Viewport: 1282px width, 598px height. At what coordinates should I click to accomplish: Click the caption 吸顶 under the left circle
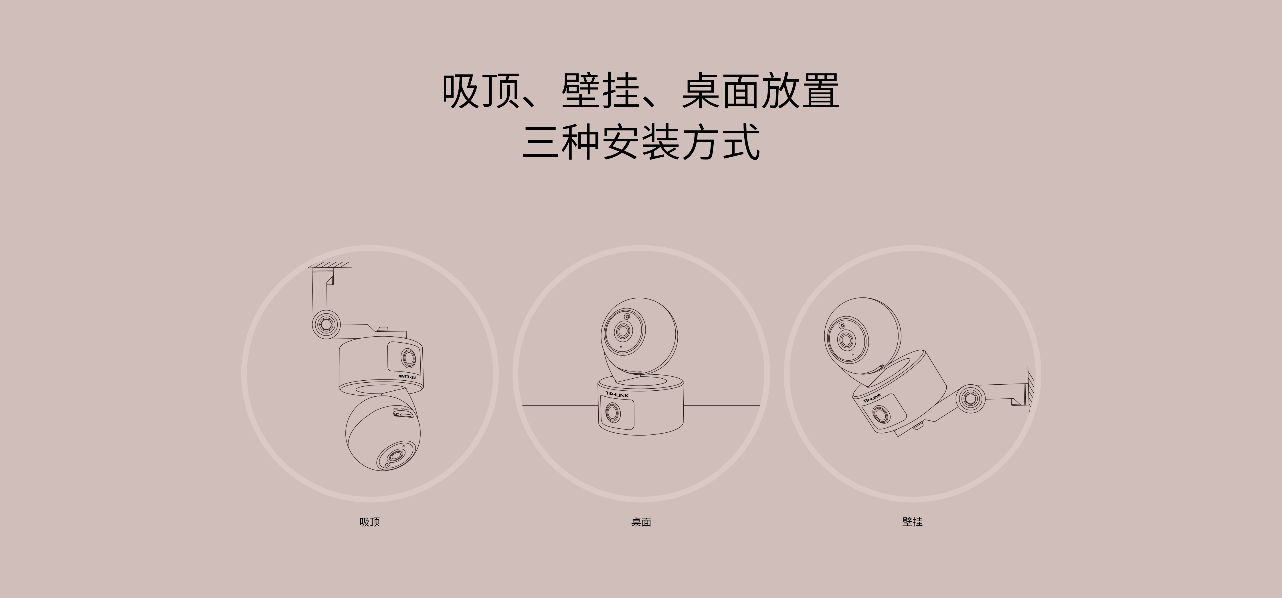point(370,522)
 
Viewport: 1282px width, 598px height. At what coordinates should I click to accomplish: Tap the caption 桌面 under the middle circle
point(641,522)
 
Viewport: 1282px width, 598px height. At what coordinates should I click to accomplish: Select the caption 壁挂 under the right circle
point(912,522)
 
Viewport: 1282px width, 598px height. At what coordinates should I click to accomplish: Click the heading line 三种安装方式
point(641,142)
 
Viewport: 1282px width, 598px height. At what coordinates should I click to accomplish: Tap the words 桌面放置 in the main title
point(760,91)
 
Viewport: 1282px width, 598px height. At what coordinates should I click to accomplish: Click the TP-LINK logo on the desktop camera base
point(617,395)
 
